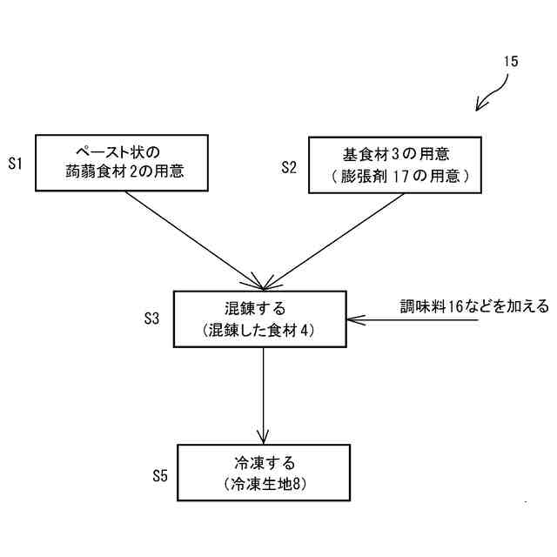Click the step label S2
(289, 166)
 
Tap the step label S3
(151, 319)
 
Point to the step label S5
(159, 475)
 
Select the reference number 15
(511, 62)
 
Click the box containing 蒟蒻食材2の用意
(122, 163)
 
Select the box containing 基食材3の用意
(396, 164)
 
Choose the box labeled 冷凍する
(264, 473)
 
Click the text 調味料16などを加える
(474, 306)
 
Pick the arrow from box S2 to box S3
(335, 239)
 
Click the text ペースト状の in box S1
(121, 151)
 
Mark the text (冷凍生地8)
(265, 485)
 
